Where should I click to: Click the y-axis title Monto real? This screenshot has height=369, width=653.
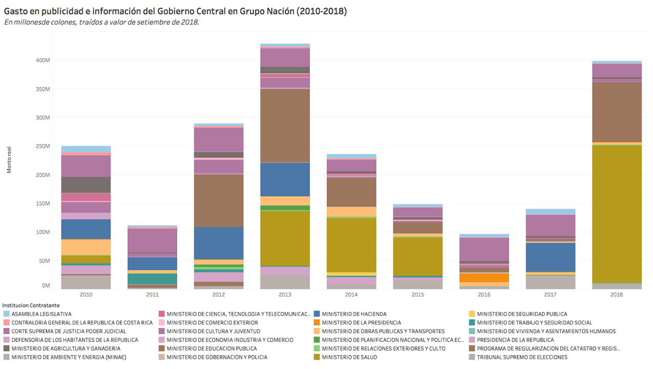click(x=10, y=160)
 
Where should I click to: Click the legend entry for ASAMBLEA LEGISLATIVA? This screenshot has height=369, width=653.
click(x=41, y=314)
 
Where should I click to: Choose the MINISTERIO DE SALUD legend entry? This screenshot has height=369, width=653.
click(x=349, y=357)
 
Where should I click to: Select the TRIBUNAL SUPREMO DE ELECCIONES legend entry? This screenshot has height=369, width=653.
click(x=521, y=357)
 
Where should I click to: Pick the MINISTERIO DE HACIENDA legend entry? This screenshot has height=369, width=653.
click(x=354, y=314)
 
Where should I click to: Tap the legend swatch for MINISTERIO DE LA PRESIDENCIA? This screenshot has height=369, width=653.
click(x=318, y=322)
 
